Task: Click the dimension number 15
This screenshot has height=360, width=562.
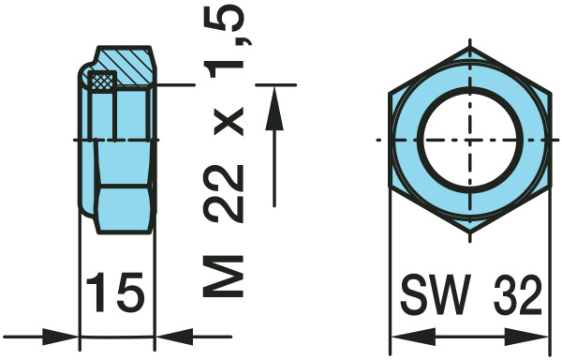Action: pos(115,292)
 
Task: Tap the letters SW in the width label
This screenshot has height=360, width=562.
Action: pos(436,294)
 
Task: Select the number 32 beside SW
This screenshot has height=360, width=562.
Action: pos(518,294)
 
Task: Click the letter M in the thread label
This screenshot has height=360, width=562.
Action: pos(223,277)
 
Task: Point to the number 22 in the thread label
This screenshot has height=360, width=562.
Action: pos(223,195)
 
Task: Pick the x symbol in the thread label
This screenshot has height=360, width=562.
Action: pos(229,122)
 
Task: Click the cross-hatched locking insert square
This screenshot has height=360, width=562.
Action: pos(102,81)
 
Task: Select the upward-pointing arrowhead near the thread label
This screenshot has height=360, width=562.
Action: pos(274,109)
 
